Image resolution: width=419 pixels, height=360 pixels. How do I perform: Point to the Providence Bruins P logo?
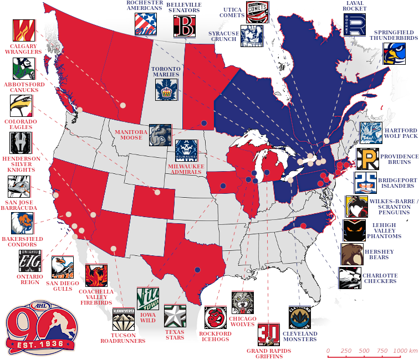367,160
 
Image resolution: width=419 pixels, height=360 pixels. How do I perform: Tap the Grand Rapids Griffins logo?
269,334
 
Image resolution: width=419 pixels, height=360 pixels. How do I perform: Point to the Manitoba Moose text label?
131,135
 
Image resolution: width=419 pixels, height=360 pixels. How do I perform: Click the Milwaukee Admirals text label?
186,169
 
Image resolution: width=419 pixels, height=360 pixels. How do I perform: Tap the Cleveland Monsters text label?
300,337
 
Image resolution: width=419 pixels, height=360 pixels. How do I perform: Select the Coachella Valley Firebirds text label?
96,297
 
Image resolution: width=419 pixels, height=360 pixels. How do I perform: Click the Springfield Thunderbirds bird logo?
394,53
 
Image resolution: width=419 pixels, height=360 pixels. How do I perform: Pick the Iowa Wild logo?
147,299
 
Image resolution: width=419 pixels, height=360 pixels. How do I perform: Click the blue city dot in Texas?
197,270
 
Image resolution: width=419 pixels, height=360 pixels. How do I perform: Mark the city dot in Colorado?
157,193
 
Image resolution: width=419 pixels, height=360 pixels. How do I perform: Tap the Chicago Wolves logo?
243,303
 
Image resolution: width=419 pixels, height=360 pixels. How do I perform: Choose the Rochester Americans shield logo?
146,24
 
